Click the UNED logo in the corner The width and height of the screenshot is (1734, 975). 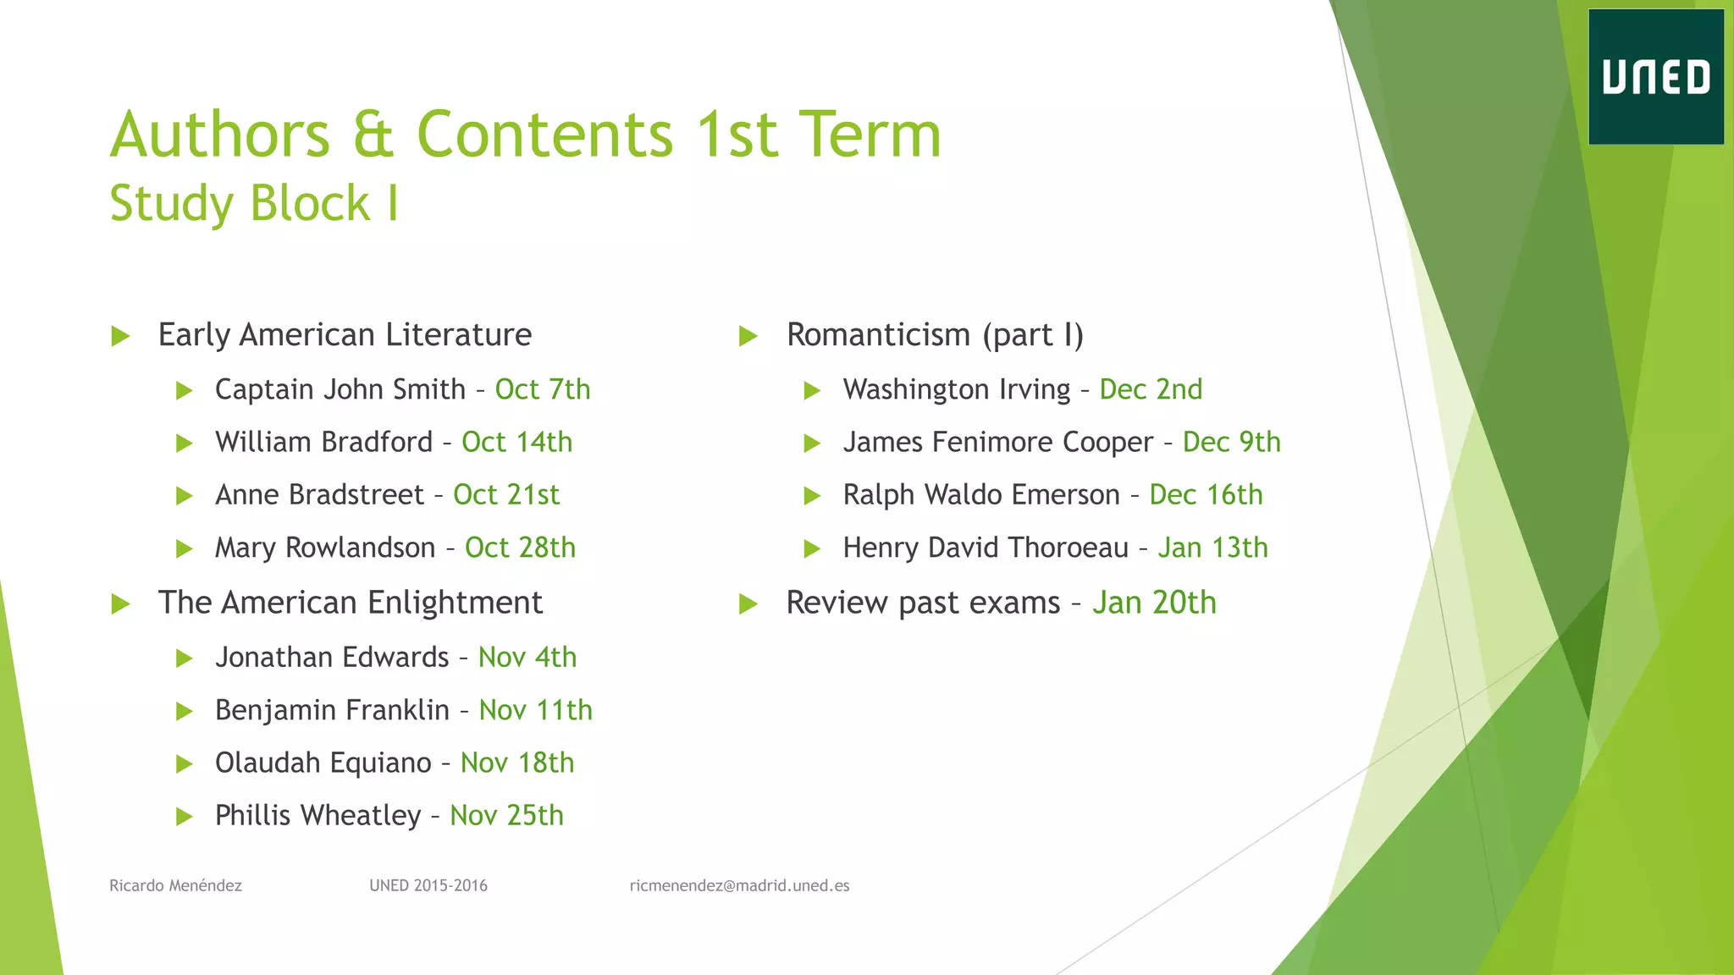pyautogui.click(x=1655, y=77)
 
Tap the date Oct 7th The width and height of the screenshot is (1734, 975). pyautogui.click(x=542, y=389)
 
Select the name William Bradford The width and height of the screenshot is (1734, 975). pyautogui.click(x=323, y=442)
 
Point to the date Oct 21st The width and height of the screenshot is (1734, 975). pyautogui.click(x=505, y=494)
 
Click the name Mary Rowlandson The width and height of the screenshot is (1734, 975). pyautogui.click(x=324, y=548)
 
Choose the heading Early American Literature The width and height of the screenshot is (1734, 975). pyautogui.click(x=345, y=335)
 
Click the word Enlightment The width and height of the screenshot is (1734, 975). pyautogui.click(x=455, y=603)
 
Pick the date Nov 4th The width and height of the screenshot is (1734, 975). pyautogui.click(x=527, y=658)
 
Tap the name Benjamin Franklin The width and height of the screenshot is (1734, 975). pyautogui.click(x=332, y=710)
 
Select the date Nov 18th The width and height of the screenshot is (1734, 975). pyautogui.click(x=516, y=763)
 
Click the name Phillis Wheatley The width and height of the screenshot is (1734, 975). pyautogui.click(x=318, y=815)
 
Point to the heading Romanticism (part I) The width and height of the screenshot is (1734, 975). pyautogui.click(x=935, y=335)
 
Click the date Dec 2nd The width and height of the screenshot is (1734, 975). pyautogui.click(x=1150, y=389)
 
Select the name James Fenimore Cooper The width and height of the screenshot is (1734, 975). pyautogui.click(x=997, y=442)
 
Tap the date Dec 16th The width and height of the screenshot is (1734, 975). pyautogui.click(x=1205, y=494)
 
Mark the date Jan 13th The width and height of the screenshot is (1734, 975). pyautogui.click(x=1212, y=548)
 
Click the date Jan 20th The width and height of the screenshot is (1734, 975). pyautogui.click(x=1153, y=603)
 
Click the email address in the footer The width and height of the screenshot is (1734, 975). pyautogui.click(x=739, y=885)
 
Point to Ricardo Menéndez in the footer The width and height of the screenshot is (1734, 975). pyautogui.click(x=175, y=885)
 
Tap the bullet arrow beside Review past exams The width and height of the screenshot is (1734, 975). pyautogui.click(x=748, y=603)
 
